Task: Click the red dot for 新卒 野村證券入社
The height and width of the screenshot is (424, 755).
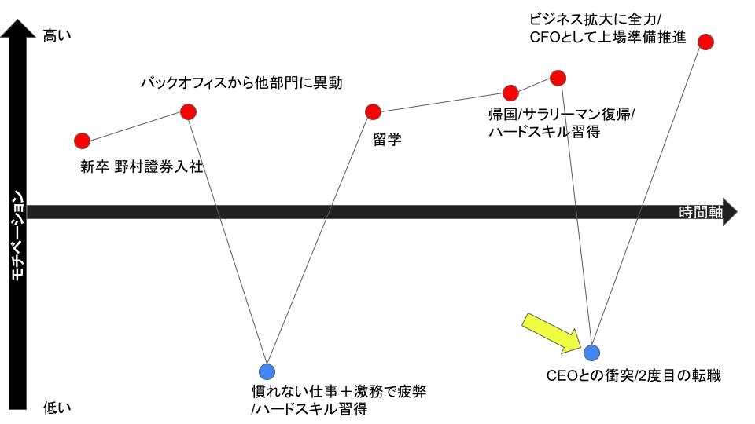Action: pos(82,141)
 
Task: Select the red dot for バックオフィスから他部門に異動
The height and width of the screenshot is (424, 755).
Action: pos(188,111)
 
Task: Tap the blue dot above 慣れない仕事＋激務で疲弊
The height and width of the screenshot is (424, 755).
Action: pos(267,370)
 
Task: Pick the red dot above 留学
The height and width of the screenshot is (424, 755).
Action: pos(374,111)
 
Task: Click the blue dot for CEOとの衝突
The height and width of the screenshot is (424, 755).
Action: pos(591,353)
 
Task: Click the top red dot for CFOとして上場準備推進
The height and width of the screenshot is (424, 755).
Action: pos(705,41)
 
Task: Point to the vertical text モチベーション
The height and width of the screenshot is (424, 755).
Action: pos(17,236)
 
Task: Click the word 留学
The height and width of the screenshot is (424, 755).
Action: pos(387,139)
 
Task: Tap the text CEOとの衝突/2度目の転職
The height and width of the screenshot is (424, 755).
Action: pos(633,375)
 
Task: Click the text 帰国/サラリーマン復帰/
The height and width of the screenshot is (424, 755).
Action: pos(561,115)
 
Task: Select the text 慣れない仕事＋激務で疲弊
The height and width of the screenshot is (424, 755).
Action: pos(338,391)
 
